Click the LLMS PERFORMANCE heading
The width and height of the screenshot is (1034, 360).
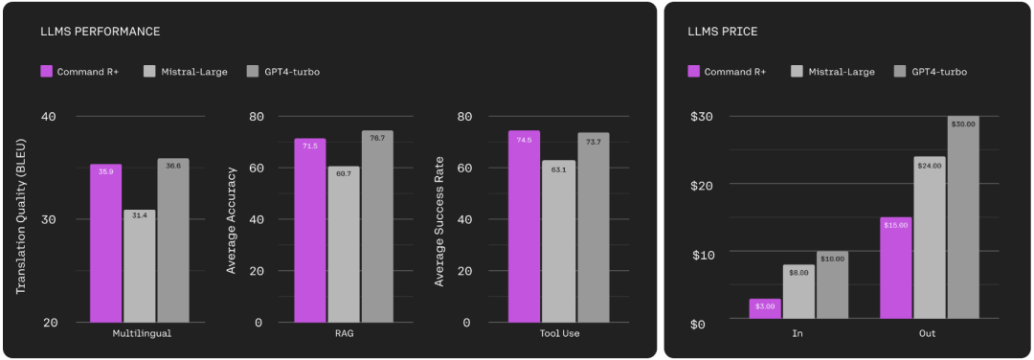click(101, 31)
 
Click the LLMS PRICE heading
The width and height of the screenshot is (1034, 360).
click(722, 31)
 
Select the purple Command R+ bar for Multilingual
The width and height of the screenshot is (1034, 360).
click(105, 243)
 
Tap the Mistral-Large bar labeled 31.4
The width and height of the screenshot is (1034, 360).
click(139, 266)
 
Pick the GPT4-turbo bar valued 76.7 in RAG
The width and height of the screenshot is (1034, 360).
click(377, 227)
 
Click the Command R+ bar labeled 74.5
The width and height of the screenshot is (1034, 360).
click(525, 227)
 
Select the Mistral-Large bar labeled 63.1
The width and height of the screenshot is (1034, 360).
click(559, 241)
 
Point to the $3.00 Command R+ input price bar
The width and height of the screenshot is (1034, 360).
click(765, 308)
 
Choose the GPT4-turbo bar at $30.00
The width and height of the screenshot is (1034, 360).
click(963, 217)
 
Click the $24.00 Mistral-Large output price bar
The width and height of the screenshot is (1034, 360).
click(930, 237)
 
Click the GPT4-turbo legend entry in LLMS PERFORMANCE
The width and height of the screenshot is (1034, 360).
click(282, 71)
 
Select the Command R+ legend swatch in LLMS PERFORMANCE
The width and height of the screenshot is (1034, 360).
click(46, 71)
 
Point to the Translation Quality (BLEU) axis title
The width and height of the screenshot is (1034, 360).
click(20, 219)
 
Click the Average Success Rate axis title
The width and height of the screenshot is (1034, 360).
click(439, 221)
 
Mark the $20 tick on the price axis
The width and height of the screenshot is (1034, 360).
click(705, 185)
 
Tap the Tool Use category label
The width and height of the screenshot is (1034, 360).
click(558, 333)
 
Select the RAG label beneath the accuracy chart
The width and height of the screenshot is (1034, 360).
click(345, 333)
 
